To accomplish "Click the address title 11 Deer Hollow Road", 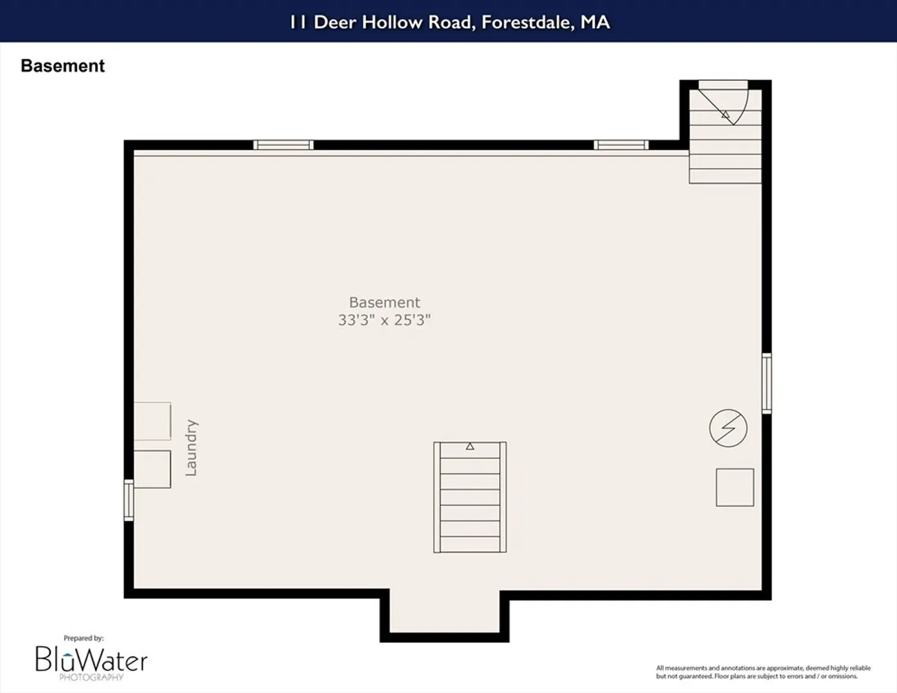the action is (380, 22).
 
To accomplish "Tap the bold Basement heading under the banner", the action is (63, 66).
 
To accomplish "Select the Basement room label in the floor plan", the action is (384, 302).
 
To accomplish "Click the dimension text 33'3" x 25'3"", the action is (384, 320).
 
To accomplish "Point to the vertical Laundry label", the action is (191, 448).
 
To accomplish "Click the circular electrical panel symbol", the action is (728, 428).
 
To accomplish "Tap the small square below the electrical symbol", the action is (735, 487).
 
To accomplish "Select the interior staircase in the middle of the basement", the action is (470, 497).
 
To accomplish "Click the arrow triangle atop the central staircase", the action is (470, 446).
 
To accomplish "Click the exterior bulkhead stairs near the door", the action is (725, 136).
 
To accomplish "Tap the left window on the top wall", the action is (283, 145).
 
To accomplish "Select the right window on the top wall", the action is (621, 145).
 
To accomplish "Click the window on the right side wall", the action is (767, 384).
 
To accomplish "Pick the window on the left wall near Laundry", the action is (129, 500).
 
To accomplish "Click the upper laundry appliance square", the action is (152, 421).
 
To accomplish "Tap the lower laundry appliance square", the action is (152, 469).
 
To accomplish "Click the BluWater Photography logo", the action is (91, 662).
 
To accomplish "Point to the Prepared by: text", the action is (83, 638).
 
